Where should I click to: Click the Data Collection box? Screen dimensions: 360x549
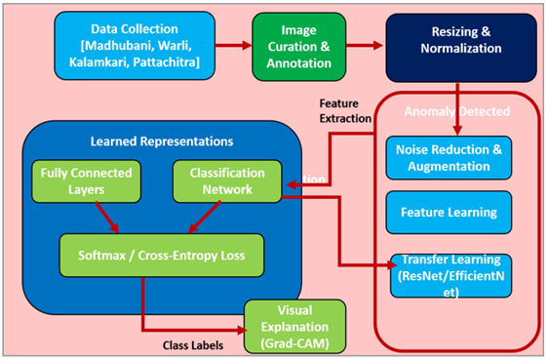pyautogui.click(x=128, y=46)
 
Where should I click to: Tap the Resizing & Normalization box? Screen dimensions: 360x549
pyautogui.click(x=459, y=46)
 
